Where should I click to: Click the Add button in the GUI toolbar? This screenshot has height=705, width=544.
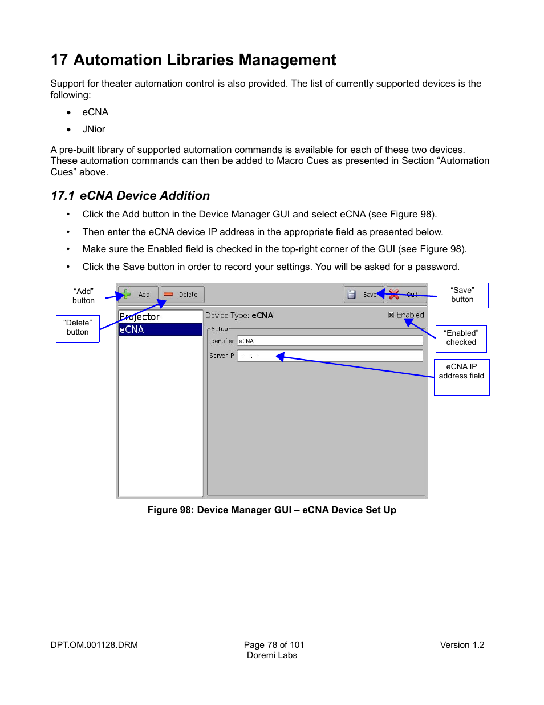137,295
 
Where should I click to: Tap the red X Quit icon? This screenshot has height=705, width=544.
394,295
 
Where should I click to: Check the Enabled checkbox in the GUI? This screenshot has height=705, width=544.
391,315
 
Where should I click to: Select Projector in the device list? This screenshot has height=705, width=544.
140,317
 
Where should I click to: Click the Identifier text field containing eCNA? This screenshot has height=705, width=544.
330,341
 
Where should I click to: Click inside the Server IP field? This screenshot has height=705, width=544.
330,356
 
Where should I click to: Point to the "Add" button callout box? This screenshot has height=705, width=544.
83,296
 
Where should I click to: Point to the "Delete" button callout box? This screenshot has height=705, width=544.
78,328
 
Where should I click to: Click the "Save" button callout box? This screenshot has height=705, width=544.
462,295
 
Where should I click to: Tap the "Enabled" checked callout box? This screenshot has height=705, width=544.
461,338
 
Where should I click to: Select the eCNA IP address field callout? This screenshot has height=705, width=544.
461,376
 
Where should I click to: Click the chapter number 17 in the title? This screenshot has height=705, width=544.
59,60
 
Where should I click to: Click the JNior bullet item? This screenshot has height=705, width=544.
94,130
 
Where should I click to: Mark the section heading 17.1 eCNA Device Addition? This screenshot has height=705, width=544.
131,196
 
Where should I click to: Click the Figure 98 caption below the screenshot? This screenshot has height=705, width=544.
271,510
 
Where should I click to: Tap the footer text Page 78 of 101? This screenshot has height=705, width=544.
274,645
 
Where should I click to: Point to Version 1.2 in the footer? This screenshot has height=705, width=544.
462,645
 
